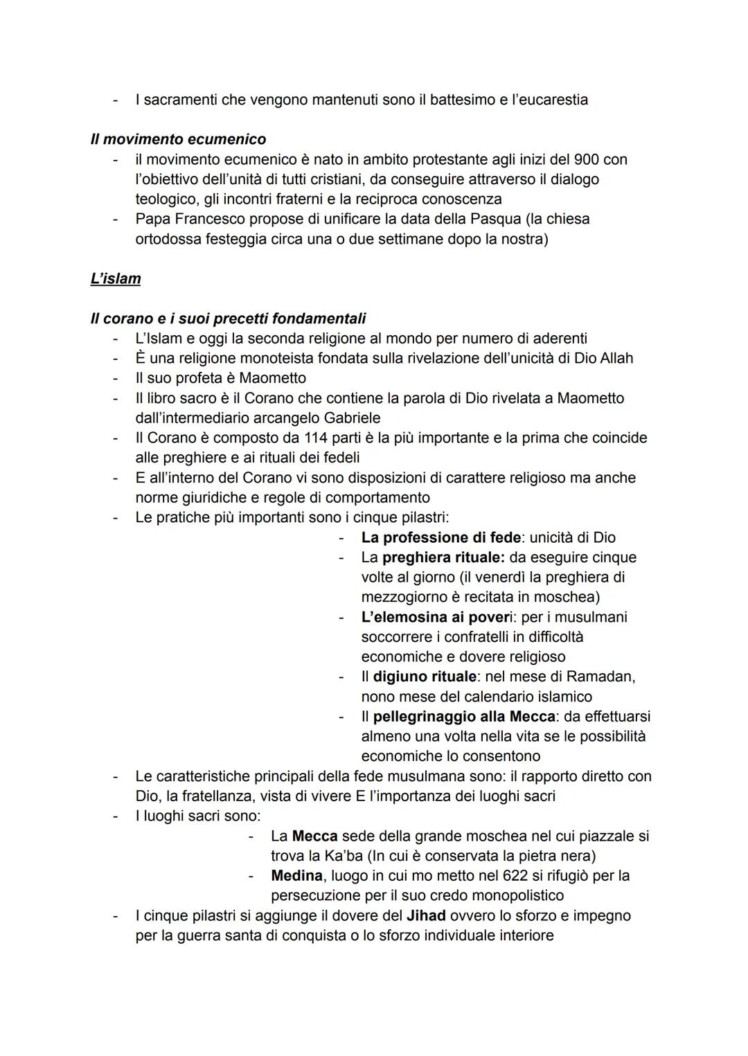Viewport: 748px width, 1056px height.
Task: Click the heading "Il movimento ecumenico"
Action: pyautogui.click(x=178, y=139)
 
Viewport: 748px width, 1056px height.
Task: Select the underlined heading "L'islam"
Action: pyautogui.click(x=116, y=278)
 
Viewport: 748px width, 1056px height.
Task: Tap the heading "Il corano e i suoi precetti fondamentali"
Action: pyautogui.click(x=228, y=319)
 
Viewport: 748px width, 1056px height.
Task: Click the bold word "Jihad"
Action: pyautogui.click(x=426, y=915)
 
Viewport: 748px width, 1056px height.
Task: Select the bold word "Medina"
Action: pyautogui.click(x=296, y=875)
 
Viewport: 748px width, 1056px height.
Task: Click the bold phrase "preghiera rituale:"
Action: pyautogui.click(x=443, y=557)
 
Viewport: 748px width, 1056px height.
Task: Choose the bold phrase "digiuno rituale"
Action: pyautogui.click(x=425, y=676)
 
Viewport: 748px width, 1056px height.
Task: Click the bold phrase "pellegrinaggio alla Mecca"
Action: pyautogui.click(x=464, y=716)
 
